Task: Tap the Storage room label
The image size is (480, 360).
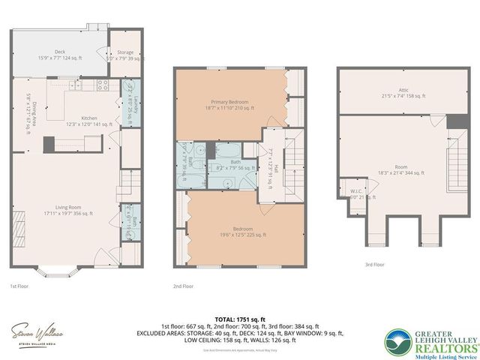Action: pyautogui.click(x=122, y=54)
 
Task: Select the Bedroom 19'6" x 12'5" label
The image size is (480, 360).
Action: pyautogui.click(x=236, y=232)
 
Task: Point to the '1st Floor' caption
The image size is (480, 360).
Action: pyautogui.click(x=19, y=286)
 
